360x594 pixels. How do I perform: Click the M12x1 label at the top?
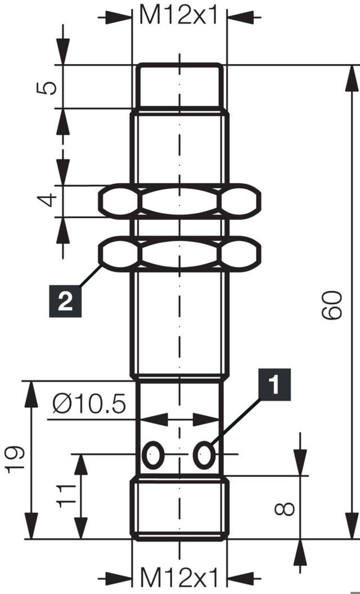[179, 15]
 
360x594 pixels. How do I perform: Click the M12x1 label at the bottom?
[179, 577]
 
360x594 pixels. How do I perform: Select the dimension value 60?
[332, 305]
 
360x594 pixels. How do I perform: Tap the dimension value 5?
[49, 87]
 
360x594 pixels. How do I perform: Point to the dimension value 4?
[49, 200]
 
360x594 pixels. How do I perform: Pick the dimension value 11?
[66, 495]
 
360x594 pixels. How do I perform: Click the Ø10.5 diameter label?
[88, 403]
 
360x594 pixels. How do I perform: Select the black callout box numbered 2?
[65, 301]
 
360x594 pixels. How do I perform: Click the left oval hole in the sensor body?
[152, 454]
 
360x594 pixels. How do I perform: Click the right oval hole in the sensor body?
[204, 454]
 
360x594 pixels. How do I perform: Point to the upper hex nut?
[179, 200]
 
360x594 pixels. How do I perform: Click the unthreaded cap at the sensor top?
[179, 86]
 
